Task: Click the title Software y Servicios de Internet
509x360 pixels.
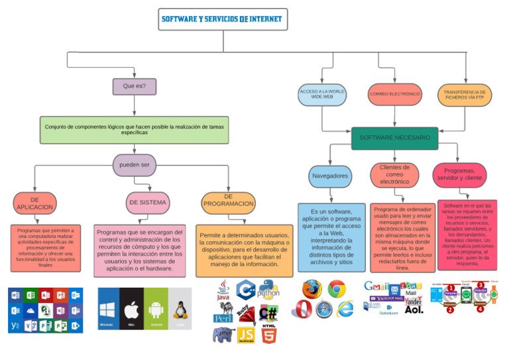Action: click(x=221, y=19)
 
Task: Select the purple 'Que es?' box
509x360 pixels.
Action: click(x=134, y=86)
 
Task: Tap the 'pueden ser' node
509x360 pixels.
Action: click(x=135, y=165)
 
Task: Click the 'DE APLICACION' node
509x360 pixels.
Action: click(x=34, y=204)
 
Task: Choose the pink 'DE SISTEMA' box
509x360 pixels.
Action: click(x=148, y=202)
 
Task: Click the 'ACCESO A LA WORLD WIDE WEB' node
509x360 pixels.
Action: click(x=322, y=94)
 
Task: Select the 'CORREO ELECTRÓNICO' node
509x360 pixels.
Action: click(x=395, y=94)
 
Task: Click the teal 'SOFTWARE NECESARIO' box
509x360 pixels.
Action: click(x=394, y=138)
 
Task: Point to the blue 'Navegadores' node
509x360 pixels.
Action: click(x=329, y=176)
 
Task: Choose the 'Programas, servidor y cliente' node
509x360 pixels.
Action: click(x=460, y=174)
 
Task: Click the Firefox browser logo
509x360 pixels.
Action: click(x=311, y=289)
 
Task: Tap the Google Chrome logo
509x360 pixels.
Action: click(x=337, y=289)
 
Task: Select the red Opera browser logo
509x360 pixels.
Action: click(x=303, y=310)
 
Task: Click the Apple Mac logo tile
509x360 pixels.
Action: click(x=131, y=310)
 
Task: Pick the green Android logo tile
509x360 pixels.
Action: click(x=156, y=310)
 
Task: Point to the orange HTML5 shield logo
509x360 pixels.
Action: click(x=268, y=335)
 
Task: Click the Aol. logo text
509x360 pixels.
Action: click(x=414, y=310)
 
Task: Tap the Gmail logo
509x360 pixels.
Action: click(x=376, y=286)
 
